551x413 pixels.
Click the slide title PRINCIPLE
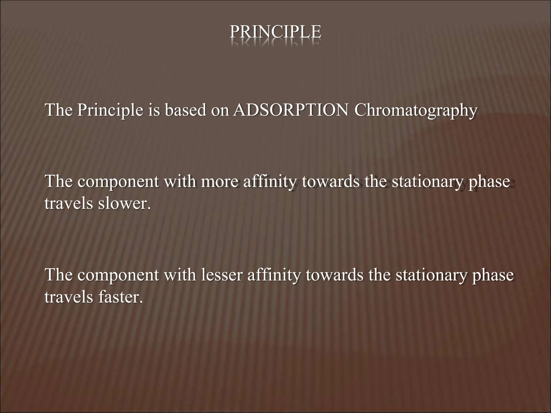[x=275, y=32]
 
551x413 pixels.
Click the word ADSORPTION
[x=291, y=110]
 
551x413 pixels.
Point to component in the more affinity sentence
[x=118, y=182]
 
